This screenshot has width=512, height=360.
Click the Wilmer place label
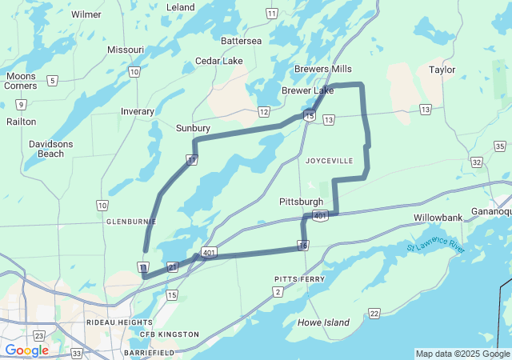click(x=86, y=14)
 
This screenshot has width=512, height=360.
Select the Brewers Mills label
click(x=322, y=70)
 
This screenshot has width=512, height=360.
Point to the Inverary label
click(x=138, y=111)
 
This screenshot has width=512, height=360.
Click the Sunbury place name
click(x=193, y=128)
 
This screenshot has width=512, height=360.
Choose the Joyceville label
click(x=329, y=161)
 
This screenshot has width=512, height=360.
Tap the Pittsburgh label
click(x=301, y=202)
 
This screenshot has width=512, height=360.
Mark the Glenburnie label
click(x=130, y=221)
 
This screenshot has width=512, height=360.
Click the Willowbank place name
click(x=438, y=218)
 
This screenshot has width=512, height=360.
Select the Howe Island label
click(x=323, y=322)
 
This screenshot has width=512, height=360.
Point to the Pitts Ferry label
click(x=299, y=278)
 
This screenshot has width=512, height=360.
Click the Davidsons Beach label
click(x=46, y=148)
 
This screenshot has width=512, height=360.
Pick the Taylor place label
click(x=442, y=70)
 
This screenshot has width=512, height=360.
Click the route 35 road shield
click(x=500, y=146)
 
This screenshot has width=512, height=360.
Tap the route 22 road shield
click(x=374, y=313)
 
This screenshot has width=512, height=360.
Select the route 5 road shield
click(x=52, y=80)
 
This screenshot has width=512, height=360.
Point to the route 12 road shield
click(x=263, y=112)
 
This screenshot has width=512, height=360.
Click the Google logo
click(x=27, y=350)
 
